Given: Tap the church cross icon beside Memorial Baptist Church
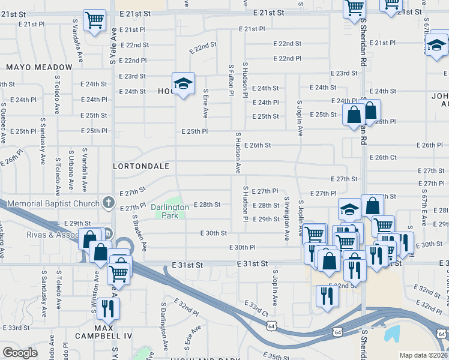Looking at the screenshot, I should [x=108, y=202].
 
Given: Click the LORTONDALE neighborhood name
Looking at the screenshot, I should [x=141, y=165].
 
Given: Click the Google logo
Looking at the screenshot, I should [x=20, y=353].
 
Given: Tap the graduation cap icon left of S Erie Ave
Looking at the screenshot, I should [x=183, y=83].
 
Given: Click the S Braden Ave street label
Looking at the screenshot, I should [x=140, y=233].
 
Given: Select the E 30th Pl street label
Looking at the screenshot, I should [x=242, y=247].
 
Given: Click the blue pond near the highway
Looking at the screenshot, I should [x=394, y=334].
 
